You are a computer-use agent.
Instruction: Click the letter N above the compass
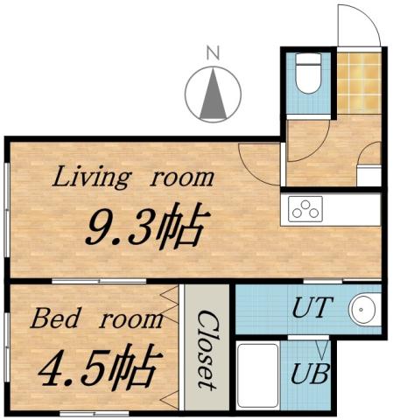(211, 53)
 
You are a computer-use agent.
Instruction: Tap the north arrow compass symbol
(214, 94)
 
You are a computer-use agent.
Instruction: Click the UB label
(311, 374)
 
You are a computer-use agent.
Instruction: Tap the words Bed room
(96, 318)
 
